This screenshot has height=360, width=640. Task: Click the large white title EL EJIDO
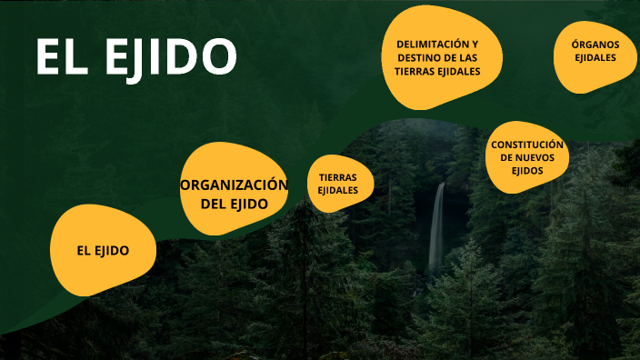coord(135,57)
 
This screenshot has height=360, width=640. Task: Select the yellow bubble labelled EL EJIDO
coord(103,250)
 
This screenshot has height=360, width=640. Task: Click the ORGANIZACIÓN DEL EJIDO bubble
coord(234,189)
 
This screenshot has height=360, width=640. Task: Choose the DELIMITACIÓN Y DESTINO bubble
coord(436,57)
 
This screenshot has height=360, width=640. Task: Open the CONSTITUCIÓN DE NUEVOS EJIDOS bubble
coord(527,157)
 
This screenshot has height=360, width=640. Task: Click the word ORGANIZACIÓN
coord(234,185)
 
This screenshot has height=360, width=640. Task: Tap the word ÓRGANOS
coord(595,45)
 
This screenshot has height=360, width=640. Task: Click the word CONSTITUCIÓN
coord(527,145)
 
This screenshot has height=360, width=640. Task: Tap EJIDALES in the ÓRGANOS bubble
coord(595,58)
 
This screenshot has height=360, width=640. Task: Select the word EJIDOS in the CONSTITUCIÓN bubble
coord(527,170)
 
